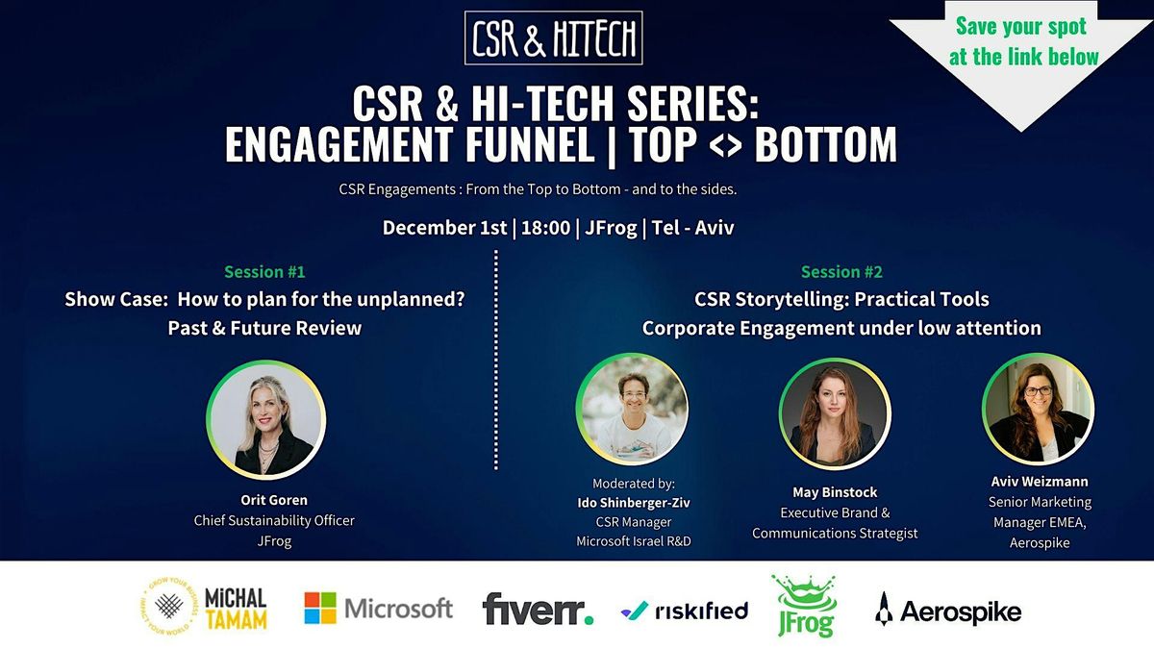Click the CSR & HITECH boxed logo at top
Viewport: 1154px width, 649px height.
553,37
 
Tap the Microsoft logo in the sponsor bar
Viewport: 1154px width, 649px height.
378,609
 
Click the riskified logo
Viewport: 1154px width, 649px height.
685,610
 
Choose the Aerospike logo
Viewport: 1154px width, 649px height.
948,610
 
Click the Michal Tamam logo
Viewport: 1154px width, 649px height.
203,607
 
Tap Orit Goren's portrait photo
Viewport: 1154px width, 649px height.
266,420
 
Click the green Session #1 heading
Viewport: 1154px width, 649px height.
264,272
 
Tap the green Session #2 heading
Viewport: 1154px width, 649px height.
841,272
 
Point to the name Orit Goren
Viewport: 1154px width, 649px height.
274,499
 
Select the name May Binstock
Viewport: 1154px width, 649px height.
835,492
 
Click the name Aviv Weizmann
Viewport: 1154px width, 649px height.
1040,481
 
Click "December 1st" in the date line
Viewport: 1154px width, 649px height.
445,228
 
